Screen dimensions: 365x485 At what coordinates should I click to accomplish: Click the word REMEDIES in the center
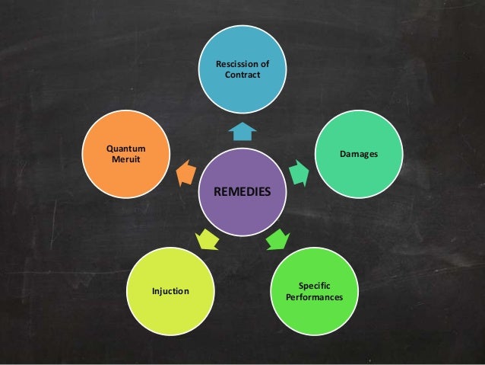point(242,191)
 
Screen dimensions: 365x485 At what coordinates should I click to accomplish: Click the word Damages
point(359,155)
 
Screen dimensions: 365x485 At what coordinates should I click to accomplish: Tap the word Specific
point(309,285)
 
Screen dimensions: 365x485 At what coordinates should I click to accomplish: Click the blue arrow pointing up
point(242,133)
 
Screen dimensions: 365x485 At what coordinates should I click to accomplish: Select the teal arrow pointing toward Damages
point(300,174)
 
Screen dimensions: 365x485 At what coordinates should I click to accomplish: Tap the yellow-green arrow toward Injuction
point(208,241)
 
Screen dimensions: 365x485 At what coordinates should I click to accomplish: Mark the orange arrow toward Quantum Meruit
point(185,174)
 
